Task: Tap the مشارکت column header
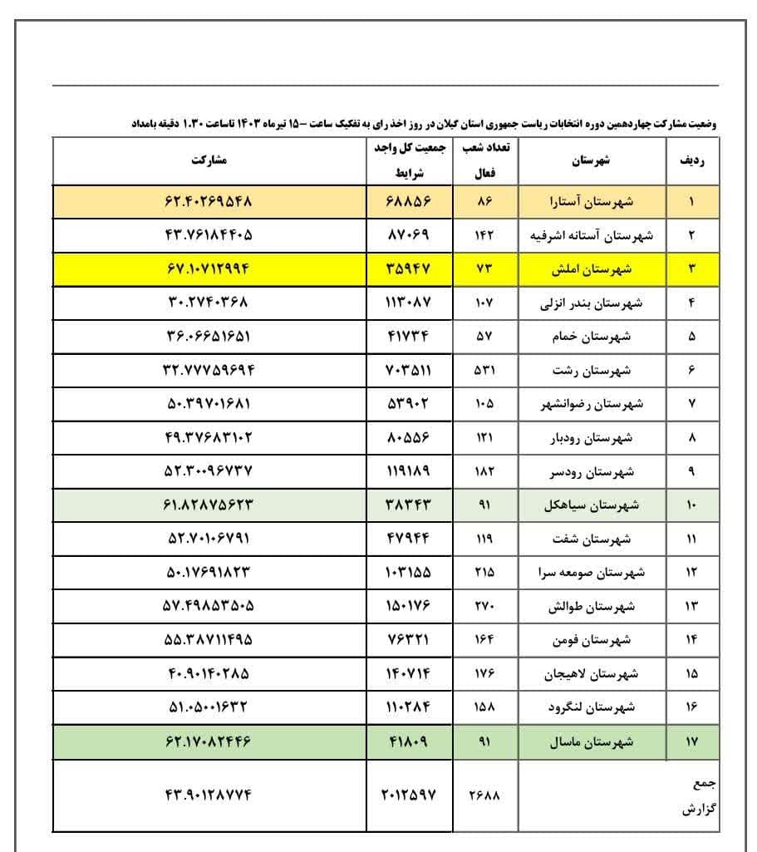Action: pyautogui.click(x=209, y=160)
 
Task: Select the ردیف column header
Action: pyautogui.click(x=692, y=161)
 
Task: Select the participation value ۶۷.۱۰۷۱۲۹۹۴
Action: pyautogui.click(x=209, y=269)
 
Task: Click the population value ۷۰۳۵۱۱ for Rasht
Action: pyautogui.click(x=409, y=371)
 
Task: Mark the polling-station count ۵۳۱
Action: pyautogui.click(x=484, y=371)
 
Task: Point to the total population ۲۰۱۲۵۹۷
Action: pyautogui.click(x=409, y=795)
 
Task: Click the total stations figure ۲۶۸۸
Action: pyautogui.click(x=484, y=795)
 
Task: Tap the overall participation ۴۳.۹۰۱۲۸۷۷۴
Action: pyautogui.click(x=209, y=795)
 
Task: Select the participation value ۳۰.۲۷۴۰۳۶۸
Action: pyautogui.click(x=209, y=303)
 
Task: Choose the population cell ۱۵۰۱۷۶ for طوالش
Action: pyautogui.click(x=409, y=606)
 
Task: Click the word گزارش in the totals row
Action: pyautogui.click(x=700, y=809)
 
